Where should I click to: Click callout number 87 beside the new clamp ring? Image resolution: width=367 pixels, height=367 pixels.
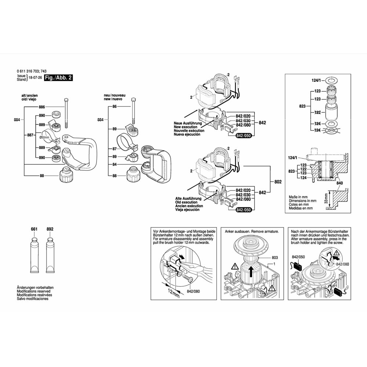pyautogui.click(x=115, y=149)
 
